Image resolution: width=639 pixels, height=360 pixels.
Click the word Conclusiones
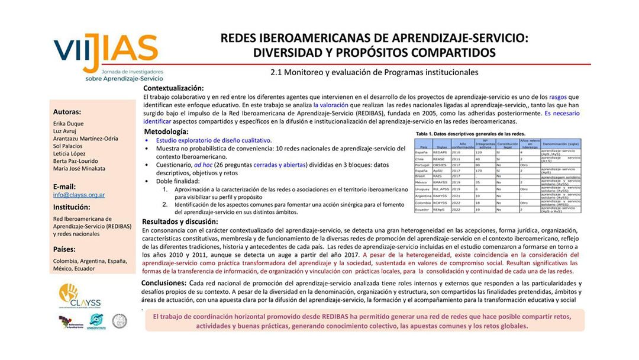pos(164,283)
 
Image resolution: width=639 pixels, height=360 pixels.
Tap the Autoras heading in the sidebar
pos(67,111)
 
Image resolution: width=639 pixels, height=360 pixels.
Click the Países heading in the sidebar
pos(64,249)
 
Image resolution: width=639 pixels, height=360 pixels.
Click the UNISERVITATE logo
pos(95,322)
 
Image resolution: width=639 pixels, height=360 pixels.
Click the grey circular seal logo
pos(120,321)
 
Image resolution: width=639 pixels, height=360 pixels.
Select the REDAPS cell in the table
pos(440,152)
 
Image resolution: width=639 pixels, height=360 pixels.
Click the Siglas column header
pos(440,146)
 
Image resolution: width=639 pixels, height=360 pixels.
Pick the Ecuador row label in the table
pos(423,210)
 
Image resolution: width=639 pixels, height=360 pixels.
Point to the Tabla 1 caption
pos(461,134)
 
